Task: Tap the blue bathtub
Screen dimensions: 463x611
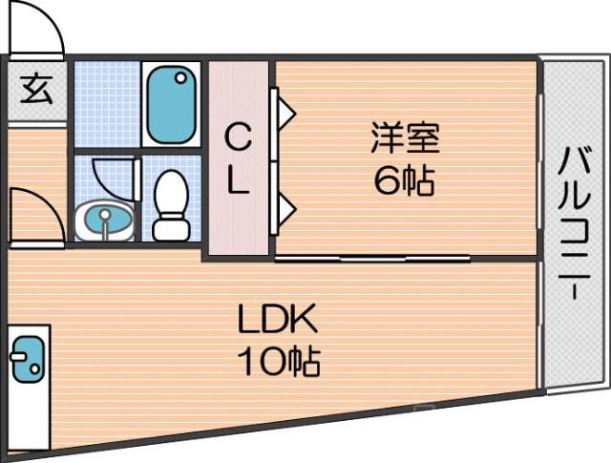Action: (173, 104)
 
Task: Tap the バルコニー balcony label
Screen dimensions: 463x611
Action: (572, 225)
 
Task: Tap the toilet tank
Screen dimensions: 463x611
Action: (172, 229)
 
